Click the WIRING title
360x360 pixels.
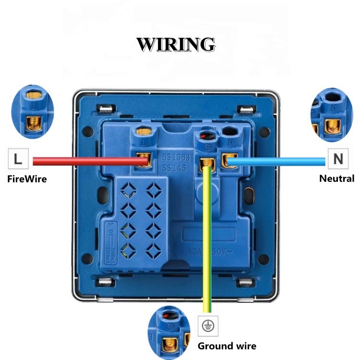176,44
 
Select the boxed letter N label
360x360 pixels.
338,159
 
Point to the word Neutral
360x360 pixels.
336,179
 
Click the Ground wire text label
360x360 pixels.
227,346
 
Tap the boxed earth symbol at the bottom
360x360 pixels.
209,326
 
